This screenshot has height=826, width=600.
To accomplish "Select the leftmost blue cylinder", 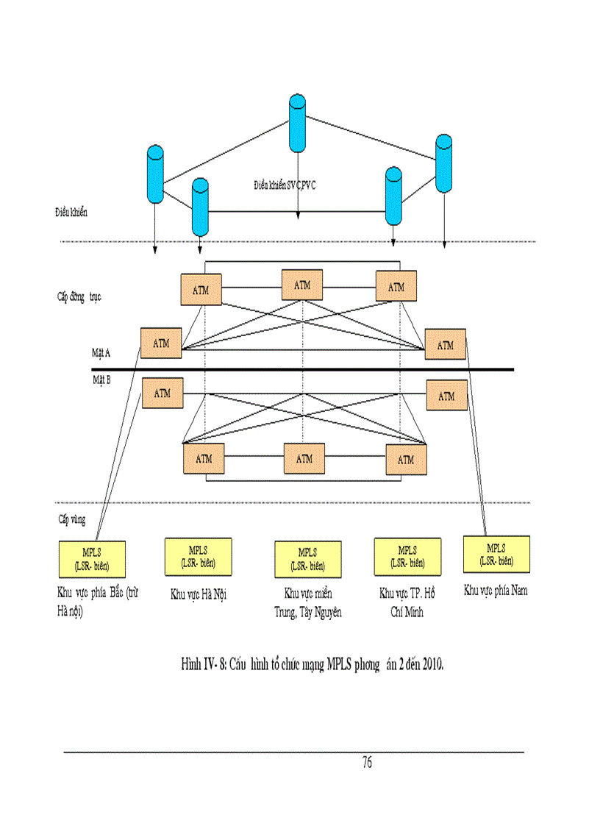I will [x=155, y=174].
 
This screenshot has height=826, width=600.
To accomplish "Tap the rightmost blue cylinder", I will [x=443, y=163].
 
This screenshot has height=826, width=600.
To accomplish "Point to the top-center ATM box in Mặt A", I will [x=302, y=285].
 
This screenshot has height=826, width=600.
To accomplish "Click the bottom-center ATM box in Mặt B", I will [x=304, y=458].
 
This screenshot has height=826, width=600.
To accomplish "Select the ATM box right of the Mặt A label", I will [x=161, y=343].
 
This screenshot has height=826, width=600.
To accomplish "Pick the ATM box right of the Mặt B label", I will [x=162, y=394].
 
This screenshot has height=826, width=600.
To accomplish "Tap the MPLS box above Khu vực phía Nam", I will [x=496, y=554].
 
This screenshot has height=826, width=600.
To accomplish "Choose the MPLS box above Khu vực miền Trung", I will [x=307, y=558].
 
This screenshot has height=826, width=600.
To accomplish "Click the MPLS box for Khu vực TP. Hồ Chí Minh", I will [x=407, y=555].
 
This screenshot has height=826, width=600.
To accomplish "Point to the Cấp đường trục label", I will [x=79, y=297].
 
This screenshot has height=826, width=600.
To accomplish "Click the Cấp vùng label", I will [x=71, y=519].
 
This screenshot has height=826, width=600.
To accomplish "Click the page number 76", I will [x=367, y=762].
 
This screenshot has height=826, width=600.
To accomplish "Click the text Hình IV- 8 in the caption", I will [x=203, y=665].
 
